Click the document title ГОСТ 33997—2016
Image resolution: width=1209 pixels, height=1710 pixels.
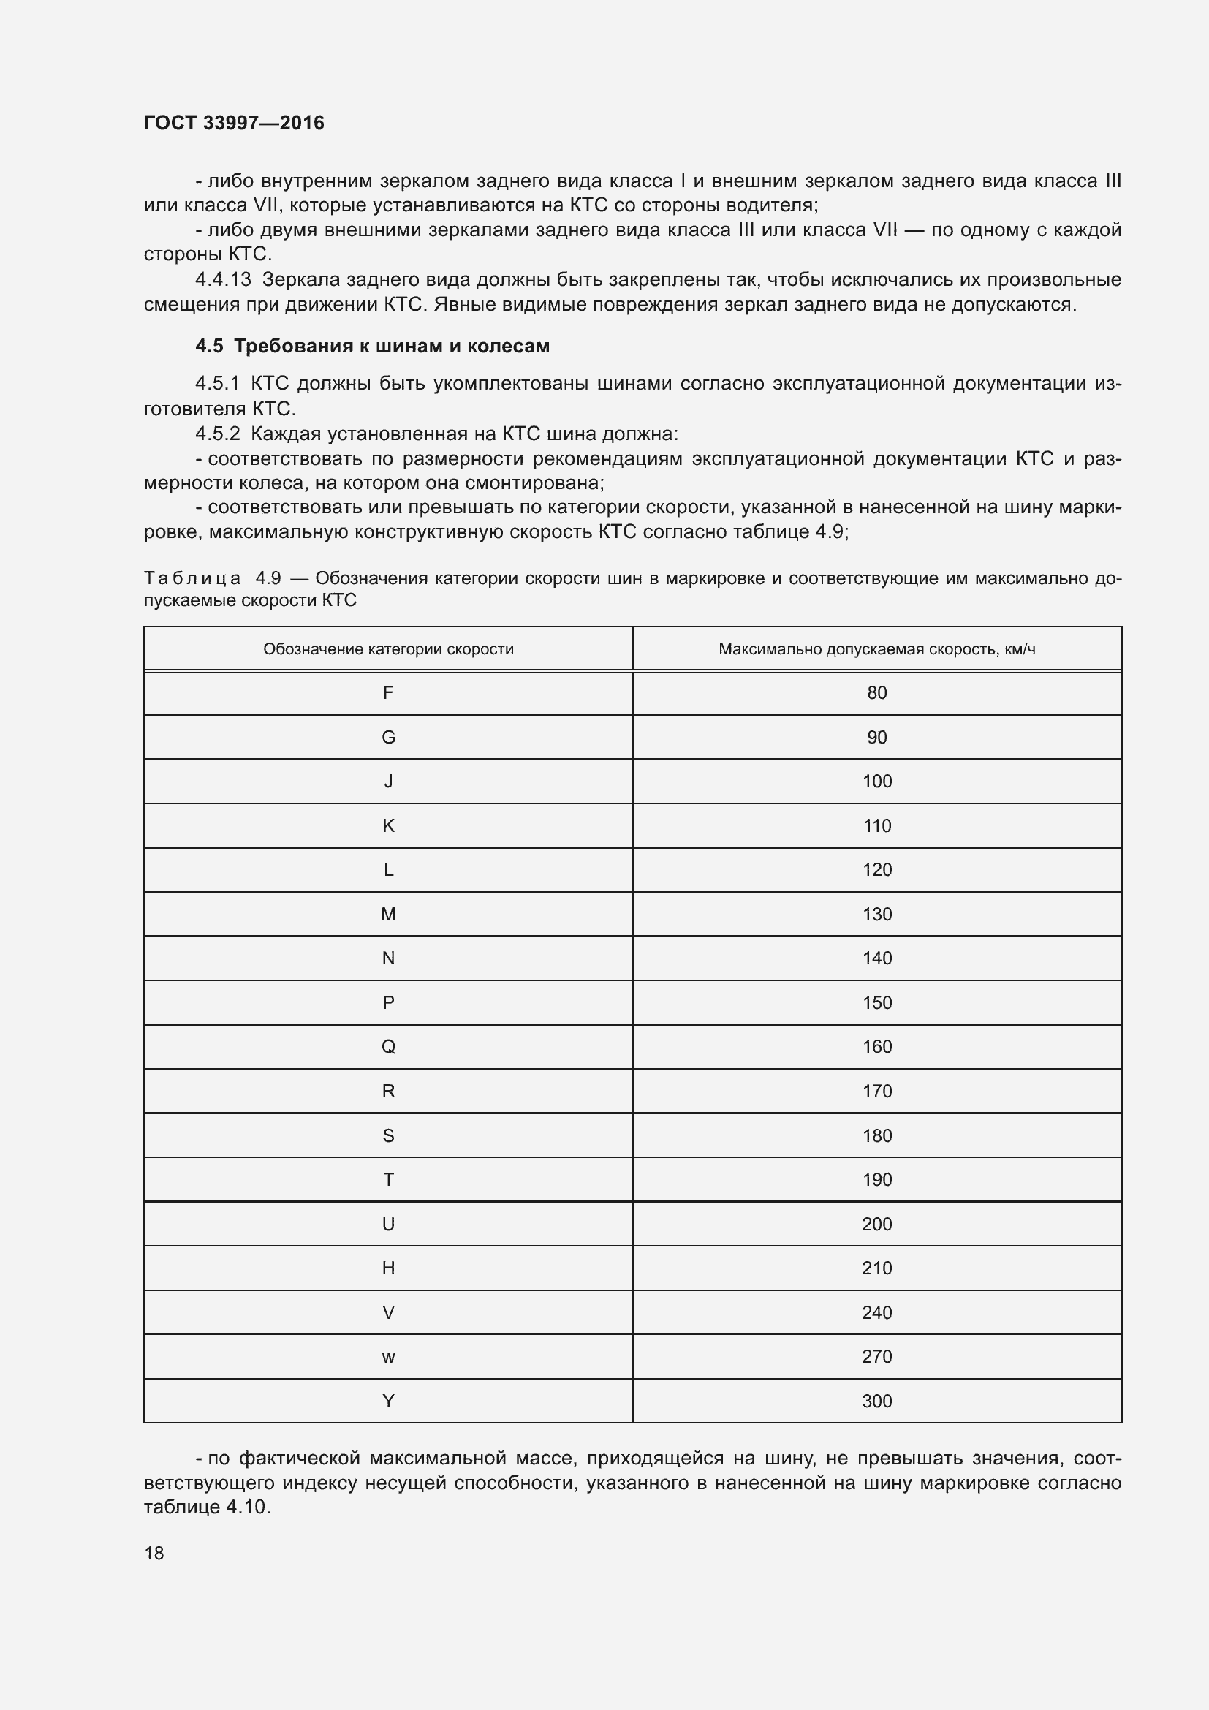click(x=234, y=123)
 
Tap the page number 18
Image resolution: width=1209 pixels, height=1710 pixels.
click(x=154, y=1553)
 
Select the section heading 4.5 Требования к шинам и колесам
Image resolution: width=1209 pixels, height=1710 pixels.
click(x=372, y=346)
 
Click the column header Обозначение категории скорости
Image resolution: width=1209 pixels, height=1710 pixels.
click(x=388, y=648)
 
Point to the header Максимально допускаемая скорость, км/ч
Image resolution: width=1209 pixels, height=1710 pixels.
click(x=876, y=648)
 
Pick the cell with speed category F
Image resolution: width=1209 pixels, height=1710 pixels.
click(x=388, y=692)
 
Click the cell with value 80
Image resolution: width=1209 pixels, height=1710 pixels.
click(x=876, y=692)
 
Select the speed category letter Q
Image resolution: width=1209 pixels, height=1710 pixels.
click(x=388, y=1046)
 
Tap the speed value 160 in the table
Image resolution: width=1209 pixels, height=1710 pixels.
click(x=876, y=1046)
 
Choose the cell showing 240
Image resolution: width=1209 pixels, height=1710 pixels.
click(x=876, y=1312)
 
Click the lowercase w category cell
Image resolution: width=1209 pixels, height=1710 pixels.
click(x=388, y=1357)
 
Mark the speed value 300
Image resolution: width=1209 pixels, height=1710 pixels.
click(x=876, y=1401)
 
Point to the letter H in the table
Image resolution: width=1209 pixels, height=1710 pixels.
click(x=388, y=1268)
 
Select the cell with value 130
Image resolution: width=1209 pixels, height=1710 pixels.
click(x=876, y=914)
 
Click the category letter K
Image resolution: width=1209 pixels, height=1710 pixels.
click(x=388, y=825)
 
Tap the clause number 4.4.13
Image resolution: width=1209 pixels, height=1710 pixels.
click(x=223, y=279)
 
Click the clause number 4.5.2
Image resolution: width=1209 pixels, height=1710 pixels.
click(x=216, y=434)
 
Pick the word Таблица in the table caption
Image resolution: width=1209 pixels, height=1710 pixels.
click(x=192, y=578)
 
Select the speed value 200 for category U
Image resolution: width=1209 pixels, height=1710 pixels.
click(x=876, y=1224)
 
